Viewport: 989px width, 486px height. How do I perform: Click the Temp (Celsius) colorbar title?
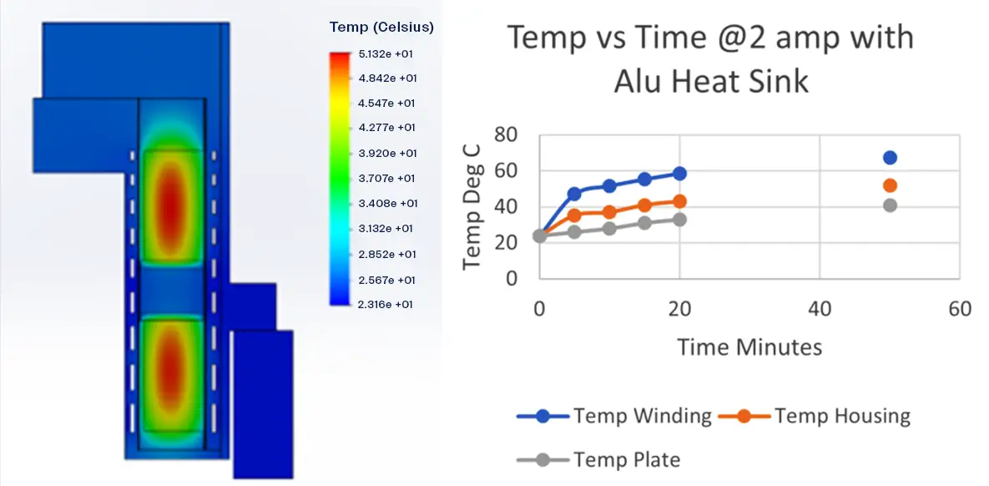(x=381, y=28)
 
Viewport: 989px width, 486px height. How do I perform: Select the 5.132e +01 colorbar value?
(x=387, y=54)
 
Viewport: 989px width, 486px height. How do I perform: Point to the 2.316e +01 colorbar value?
(x=387, y=305)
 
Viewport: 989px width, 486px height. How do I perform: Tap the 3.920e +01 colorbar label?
(x=387, y=154)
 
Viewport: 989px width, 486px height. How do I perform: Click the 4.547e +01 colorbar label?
(x=387, y=104)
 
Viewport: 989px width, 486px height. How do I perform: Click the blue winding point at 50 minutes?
(x=890, y=158)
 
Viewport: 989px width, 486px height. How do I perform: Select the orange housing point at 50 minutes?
(x=890, y=185)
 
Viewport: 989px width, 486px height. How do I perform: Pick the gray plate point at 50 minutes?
(x=890, y=205)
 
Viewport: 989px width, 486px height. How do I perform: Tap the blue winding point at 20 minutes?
(x=679, y=174)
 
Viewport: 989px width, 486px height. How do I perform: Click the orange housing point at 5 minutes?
(x=574, y=215)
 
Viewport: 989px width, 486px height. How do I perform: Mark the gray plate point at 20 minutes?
(x=679, y=220)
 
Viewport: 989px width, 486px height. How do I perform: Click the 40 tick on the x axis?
(x=820, y=309)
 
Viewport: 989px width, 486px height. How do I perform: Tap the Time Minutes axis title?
(x=749, y=347)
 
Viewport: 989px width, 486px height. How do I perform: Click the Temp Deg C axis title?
(x=472, y=206)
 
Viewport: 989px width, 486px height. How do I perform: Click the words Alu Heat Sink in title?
(x=711, y=81)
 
